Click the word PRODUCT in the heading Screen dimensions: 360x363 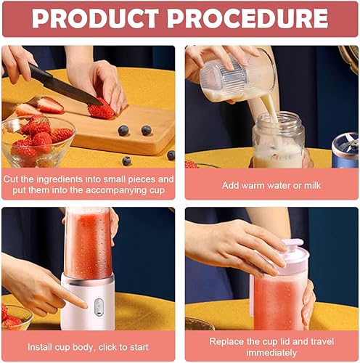pos(95,19)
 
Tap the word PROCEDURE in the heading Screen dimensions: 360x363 pos(247,19)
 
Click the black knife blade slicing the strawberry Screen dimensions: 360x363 pos(65,85)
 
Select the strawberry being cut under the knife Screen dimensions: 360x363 pos(102,110)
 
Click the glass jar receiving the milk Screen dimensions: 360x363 pos(278,140)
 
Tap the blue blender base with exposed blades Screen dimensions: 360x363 pos(345,150)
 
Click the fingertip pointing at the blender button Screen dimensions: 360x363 pos(84,305)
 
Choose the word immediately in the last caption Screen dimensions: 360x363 pos(271,353)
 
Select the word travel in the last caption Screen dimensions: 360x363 pos(322,341)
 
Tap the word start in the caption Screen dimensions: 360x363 pos(139,348)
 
